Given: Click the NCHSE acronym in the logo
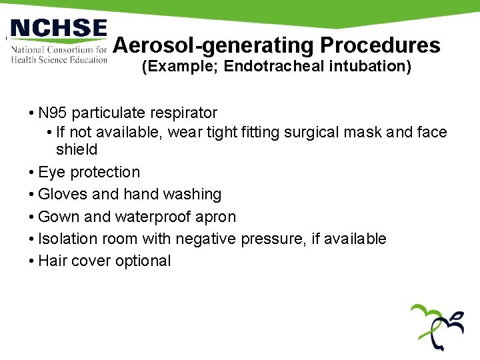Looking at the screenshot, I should pos(59,29).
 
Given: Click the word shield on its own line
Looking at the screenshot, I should pos(77,149).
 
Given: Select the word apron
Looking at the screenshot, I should pos(215,217).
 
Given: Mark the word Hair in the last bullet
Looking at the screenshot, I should pos(52,261).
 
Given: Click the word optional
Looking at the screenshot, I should pos(143,261).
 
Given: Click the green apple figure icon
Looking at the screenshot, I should pos(437,326).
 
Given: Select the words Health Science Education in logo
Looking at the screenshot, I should pos(59,59).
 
